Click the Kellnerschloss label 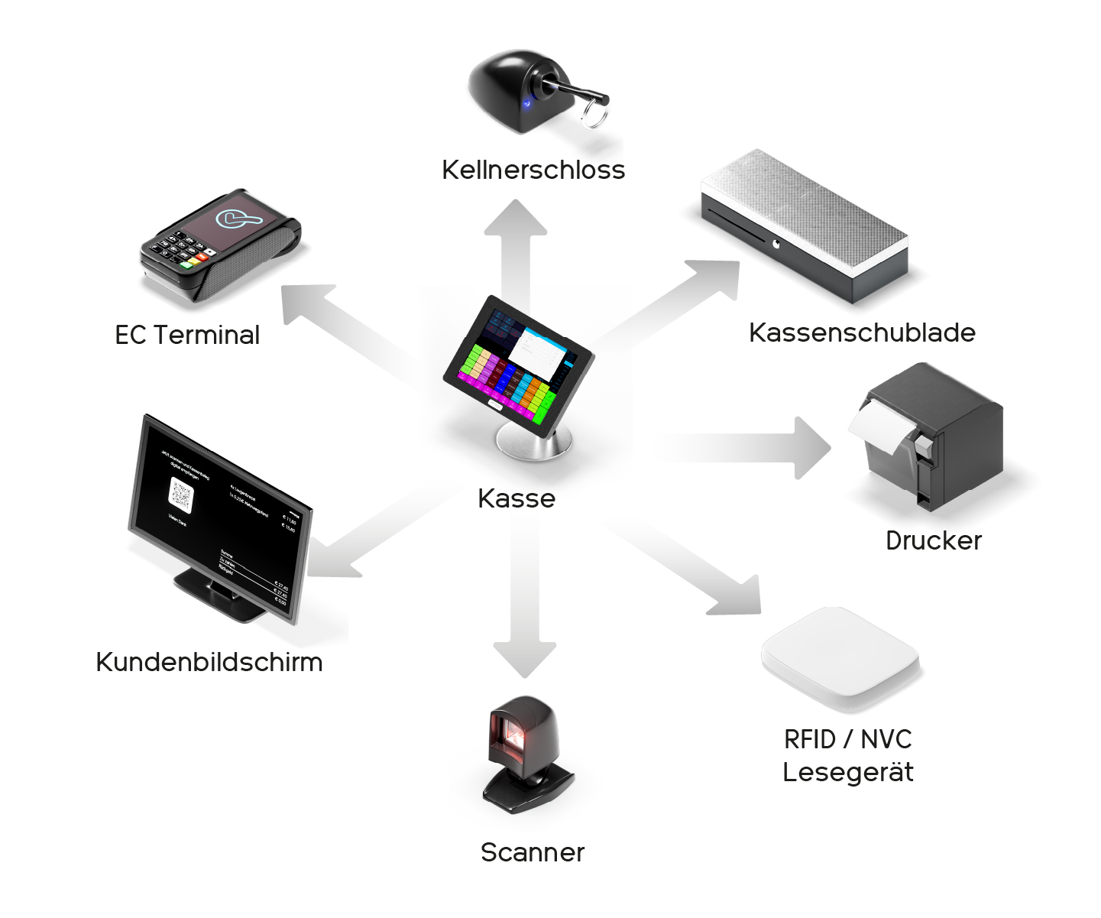533,170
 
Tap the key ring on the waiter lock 594,115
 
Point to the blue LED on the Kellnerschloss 526,103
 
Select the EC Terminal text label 187,335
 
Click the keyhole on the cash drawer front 776,245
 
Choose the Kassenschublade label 862,332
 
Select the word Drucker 933,540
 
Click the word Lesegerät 848,772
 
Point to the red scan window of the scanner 513,737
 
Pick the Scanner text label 533,852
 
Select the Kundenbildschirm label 209,662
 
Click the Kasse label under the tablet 516,498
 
